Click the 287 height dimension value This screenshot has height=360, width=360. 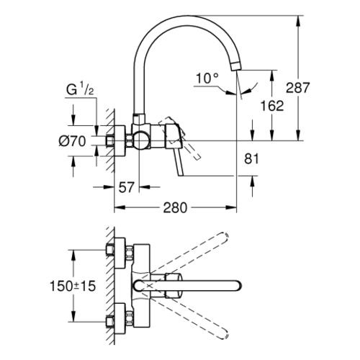coord(298,88)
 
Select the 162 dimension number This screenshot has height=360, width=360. coord(272,106)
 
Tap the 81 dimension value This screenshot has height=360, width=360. coord(251,158)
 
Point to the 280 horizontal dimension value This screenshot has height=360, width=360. coord(175,208)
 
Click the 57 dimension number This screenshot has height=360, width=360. coord(126,187)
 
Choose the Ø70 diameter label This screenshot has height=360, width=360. coord(72,141)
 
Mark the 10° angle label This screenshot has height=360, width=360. coord(207,78)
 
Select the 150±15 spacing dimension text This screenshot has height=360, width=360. coord(73,286)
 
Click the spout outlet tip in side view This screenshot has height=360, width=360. coord(235,66)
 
